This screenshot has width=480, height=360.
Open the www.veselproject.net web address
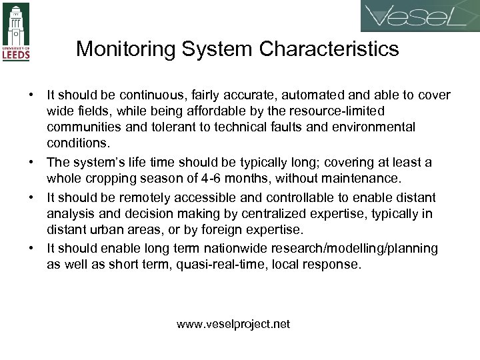tap(233, 325)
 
